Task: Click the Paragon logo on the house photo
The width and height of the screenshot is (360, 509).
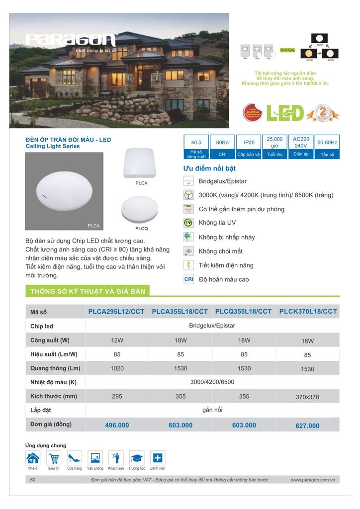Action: click(71, 41)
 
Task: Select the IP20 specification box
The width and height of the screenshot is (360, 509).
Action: click(249, 147)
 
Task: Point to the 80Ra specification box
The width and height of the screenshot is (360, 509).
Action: click(222, 147)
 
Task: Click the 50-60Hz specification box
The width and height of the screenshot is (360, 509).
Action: click(327, 147)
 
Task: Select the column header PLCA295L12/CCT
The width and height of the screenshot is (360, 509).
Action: click(116, 312)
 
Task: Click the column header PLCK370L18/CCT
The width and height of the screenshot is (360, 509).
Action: click(308, 312)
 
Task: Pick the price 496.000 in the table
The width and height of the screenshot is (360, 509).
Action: click(117, 425)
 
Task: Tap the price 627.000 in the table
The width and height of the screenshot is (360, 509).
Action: click(308, 426)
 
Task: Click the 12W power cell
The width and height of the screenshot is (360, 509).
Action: click(117, 340)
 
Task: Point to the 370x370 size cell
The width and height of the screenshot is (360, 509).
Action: click(308, 397)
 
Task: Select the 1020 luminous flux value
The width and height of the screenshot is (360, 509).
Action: click(117, 368)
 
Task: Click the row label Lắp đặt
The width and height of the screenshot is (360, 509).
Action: click(40, 411)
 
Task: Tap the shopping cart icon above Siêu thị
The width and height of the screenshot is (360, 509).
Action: click(54, 458)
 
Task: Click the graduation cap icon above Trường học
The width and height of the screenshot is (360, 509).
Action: click(137, 458)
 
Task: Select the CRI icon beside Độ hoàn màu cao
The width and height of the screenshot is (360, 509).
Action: click(188, 279)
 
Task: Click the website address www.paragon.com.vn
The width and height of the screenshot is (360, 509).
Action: click(313, 480)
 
